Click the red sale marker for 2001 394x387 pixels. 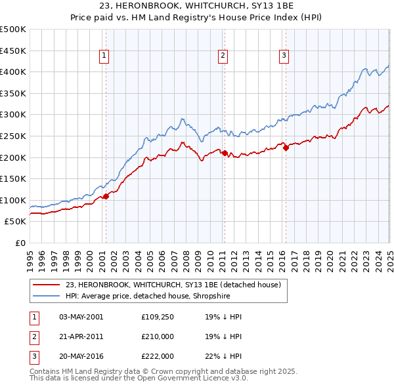pyautogui.click(x=106, y=196)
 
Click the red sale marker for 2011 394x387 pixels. pyautogui.click(x=225, y=153)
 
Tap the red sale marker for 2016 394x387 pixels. pyautogui.click(x=286, y=148)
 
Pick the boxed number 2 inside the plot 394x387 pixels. pyautogui.click(x=223, y=56)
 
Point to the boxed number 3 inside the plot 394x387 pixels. pyautogui.click(x=284, y=56)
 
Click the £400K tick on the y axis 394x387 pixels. pyautogui.click(x=13, y=71)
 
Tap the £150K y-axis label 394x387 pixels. pyautogui.click(x=13, y=178)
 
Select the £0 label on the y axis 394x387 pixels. pyautogui.click(x=20, y=243)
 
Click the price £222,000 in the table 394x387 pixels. pyautogui.click(x=158, y=357)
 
